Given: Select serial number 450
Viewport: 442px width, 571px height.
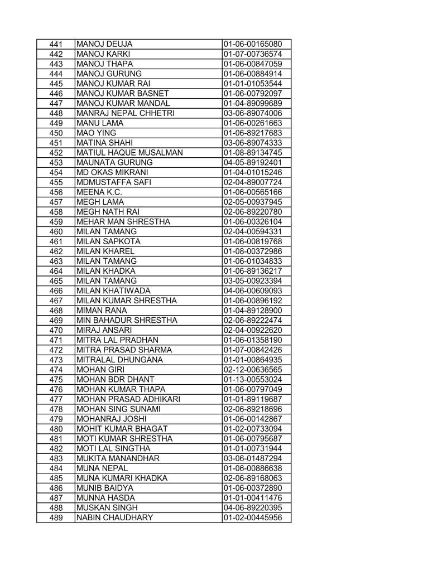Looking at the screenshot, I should coord(55,133).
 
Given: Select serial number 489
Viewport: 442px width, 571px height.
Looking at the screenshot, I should coord(55,518).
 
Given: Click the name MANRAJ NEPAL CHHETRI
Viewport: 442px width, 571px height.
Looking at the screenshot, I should coord(121,113).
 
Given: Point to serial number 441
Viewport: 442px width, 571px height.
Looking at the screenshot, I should coord(55,44).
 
